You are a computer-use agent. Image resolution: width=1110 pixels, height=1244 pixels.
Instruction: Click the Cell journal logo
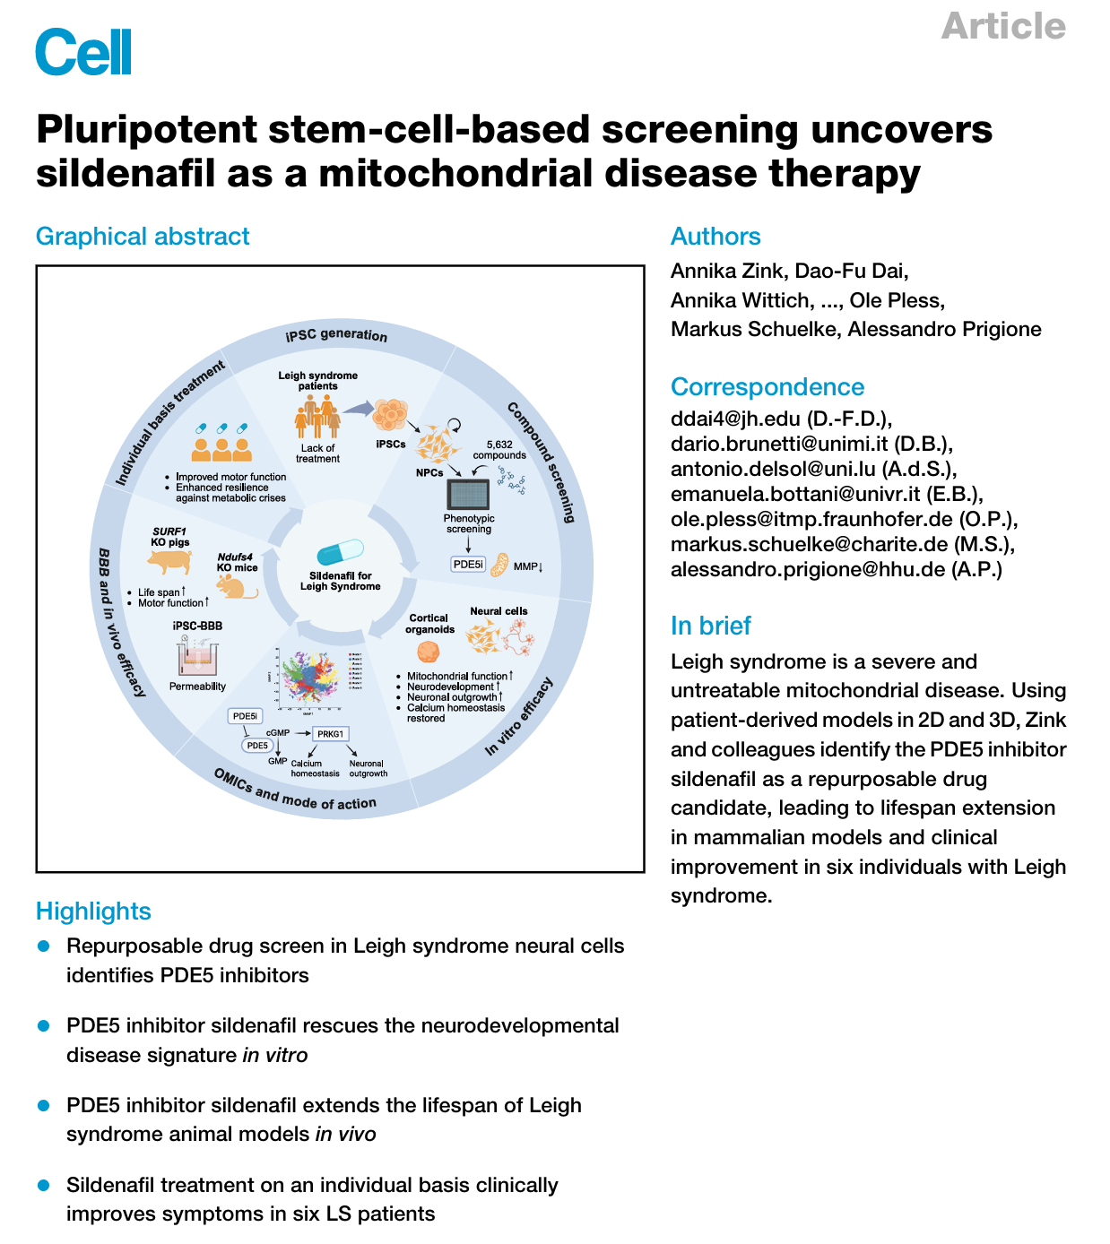pyautogui.click(x=83, y=52)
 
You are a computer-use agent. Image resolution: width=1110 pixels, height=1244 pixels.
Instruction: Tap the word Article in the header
pyautogui.click(x=1003, y=26)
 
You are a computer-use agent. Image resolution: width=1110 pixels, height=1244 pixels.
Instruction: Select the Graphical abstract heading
pyautogui.click(x=143, y=237)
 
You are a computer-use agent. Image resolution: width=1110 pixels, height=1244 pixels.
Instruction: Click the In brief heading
pyautogui.click(x=710, y=626)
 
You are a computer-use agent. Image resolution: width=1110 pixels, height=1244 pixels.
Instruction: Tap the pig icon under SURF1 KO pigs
pyautogui.click(x=170, y=562)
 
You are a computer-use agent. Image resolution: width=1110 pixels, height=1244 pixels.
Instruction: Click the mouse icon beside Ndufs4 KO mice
pyautogui.click(x=238, y=587)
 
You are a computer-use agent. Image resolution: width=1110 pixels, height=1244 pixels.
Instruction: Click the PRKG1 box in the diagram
pyautogui.click(x=330, y=734)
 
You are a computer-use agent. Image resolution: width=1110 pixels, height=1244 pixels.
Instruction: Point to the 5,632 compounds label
pyautogui.click(x=499, y=450)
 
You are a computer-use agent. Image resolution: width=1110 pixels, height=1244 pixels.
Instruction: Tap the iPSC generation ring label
pyautogui.click(x=337, y=335)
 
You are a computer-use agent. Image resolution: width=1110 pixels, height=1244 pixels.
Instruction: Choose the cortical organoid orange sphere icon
pyautogui.click(x=429, y=652)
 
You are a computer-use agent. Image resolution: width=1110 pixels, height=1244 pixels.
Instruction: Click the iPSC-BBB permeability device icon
pyautogui.click(x=197, y=659)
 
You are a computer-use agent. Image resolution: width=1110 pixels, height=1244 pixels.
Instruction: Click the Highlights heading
pyautogui.click(x=93, y=911)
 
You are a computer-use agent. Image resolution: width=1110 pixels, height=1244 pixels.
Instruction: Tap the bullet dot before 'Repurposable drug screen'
pyautogui.click(x=43, y=946)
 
